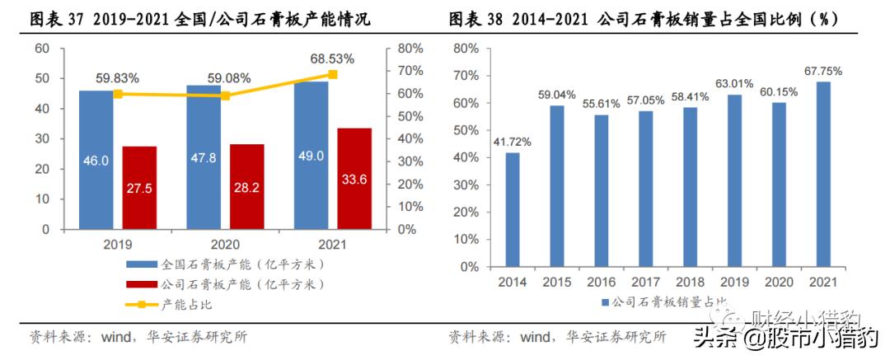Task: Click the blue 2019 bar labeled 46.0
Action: click(x=96, y=161)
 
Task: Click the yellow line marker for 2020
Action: click(x=225, y=96)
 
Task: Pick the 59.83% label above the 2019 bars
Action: click(x=117, y=78)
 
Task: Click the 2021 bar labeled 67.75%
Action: click(x=823, y=174)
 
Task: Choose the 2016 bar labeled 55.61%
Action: click(x=602, y=190)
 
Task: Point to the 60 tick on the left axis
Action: click(x=41, y=49)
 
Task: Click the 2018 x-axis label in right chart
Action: click(x=690, y=283)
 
